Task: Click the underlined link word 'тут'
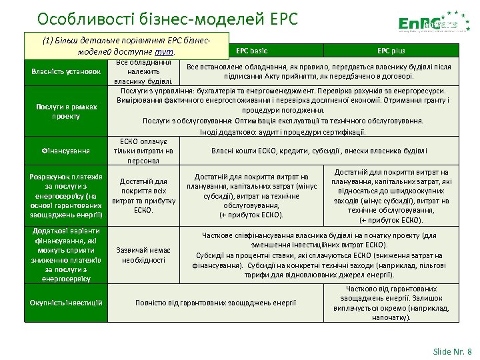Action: tap(164, 51)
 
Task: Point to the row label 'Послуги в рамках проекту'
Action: tap(65, 111)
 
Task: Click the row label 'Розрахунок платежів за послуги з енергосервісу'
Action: tap(65, 196)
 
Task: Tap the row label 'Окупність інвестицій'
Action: tap(65, 303)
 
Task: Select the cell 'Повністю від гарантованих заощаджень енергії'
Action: tap(215, 303)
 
